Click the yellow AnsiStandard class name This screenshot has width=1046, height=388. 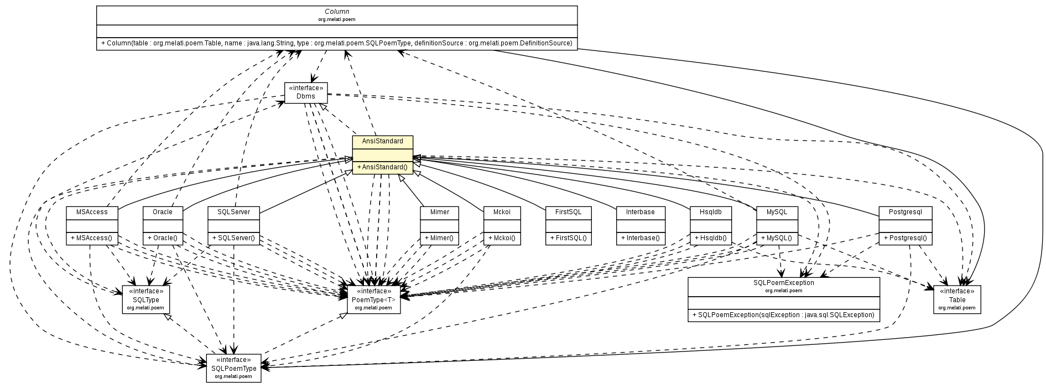382,142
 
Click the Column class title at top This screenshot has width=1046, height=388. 336,11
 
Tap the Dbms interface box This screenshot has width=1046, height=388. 305,92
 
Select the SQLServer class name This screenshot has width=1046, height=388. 233,212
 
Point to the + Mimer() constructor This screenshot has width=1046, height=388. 439,239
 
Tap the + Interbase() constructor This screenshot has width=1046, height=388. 641,239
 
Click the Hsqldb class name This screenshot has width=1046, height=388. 711,212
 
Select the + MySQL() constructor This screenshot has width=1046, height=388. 777,239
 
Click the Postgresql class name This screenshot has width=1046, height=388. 905,212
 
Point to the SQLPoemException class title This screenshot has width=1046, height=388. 783,283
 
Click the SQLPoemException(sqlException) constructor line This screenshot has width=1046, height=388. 783,315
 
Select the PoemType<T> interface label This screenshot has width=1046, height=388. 373,299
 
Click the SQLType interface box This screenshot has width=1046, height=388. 146,299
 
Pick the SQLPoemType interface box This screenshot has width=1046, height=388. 233,368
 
